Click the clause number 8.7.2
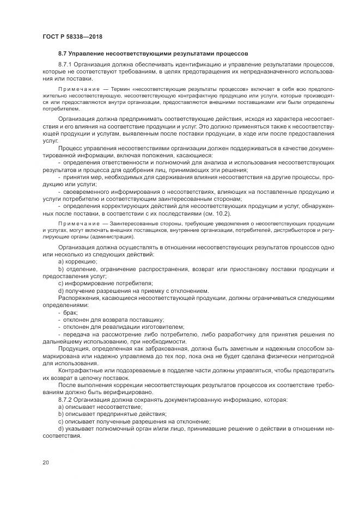click(x=66, y=400)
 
